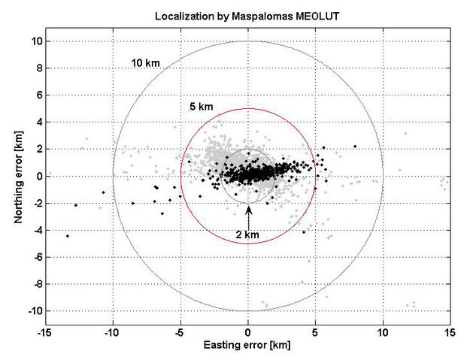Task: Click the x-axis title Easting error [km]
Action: [x=248, y=346]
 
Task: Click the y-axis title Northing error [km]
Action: [x=16, y=177]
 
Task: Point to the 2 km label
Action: [x=248, y=234]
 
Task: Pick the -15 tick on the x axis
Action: [x=46, y=333]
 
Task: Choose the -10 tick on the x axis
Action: [x=113, y=333]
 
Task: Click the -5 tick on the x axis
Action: [x=180, y=333]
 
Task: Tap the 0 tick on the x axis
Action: [x=248, y=333]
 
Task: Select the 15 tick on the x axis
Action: [x=450, y=333]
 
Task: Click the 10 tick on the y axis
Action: [x=34, y=41]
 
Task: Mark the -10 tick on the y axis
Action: [x=32, y=310]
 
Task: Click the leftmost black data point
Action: [x=68, y=236]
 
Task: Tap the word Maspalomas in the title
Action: [x=252, y=15]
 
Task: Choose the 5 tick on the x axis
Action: [x=316, y=333]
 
